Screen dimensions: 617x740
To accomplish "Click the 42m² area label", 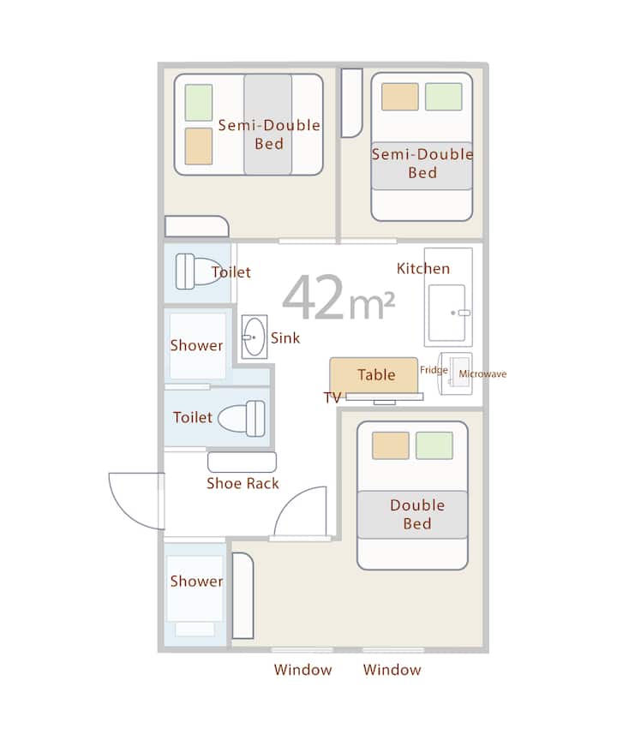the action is click(x=338, y=297).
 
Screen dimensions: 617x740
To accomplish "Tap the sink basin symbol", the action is click(x=255, y=337).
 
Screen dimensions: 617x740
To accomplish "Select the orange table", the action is click(x=374, y=375).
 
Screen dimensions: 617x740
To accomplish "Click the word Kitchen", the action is click(x=423, y=269).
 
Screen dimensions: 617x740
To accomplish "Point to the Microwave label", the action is click(x=482, y=373).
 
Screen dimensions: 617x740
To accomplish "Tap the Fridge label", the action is click(x=434, y=370).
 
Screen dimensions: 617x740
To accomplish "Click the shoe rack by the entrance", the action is click(x=242, y=462).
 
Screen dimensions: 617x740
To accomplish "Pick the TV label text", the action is click(x=332, y=397).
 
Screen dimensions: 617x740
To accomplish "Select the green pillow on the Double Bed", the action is click(x=434, y=445).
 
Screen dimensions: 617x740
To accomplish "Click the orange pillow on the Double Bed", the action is click(x=391, y=445).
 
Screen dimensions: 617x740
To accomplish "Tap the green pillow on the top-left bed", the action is click(x=198, y=103).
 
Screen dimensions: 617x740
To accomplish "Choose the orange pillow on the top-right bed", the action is click(x=400, y=97).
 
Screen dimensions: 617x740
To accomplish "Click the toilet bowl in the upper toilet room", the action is click(x=198, y=271).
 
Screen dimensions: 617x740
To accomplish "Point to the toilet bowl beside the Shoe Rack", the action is click(x=241, y=418).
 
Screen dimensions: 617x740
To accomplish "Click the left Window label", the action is click(x=303, y=670).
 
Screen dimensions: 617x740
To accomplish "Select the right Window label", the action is click(x=392, y=670).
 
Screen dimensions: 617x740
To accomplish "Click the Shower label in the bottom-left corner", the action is click(x=196, y=581).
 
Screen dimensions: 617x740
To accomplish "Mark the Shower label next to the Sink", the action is click(x=196, y=345).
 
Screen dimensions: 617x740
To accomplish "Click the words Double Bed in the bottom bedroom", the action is click(x=417, y=515).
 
